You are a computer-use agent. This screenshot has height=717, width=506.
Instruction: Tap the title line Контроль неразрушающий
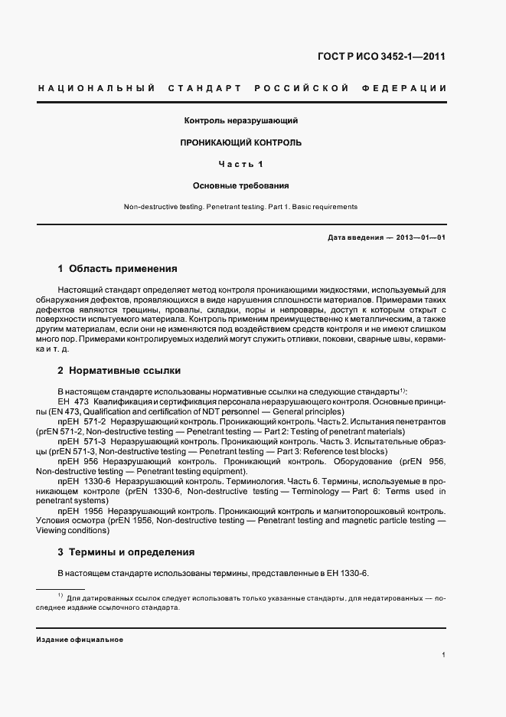pos(240,121)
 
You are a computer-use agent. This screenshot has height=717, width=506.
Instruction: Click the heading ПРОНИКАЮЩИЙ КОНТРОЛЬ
pos(240,142)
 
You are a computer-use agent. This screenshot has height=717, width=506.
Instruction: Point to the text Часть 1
pos(240,164)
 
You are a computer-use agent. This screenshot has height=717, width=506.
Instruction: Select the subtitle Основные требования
pos(240,185)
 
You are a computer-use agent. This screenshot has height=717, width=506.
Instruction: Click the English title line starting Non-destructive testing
pos(240,207)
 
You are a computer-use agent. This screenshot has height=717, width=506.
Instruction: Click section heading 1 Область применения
pos(117,269)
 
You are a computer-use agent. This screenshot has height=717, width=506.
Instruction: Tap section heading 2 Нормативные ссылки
pos(119,371)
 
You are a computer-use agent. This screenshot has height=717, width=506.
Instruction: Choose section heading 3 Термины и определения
pos(126,552)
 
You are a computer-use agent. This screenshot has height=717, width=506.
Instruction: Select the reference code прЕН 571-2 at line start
pos(80,422)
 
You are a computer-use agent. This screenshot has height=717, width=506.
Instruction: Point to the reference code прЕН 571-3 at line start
pos(80,442)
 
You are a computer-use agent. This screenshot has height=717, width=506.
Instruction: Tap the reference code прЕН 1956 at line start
pos(80,512)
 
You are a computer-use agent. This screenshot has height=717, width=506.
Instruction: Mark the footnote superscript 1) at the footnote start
pos(59,595)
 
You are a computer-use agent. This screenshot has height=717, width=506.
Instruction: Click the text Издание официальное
pos(80,639)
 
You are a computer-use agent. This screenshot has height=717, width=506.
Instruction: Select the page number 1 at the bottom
pos(444,655)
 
